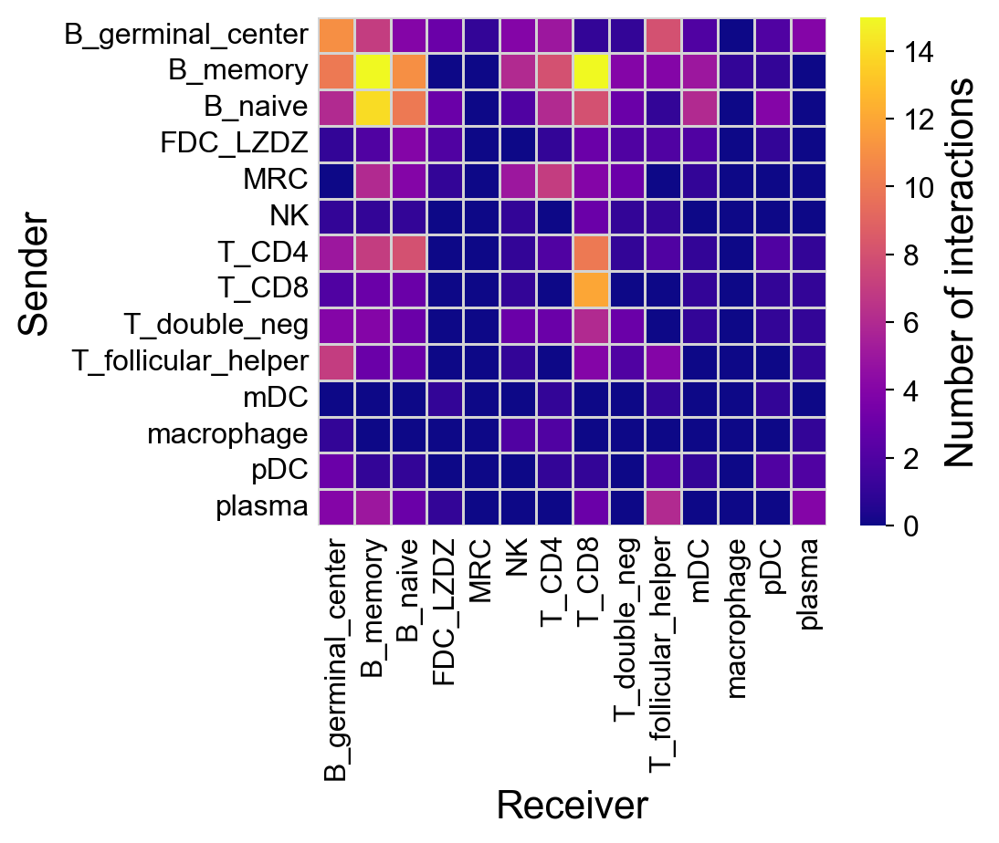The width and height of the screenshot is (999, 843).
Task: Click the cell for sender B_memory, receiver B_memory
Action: coord(373,71)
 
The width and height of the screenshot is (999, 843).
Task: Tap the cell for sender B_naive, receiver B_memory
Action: coord(373,108)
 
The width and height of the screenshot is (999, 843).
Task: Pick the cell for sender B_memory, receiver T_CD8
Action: coord(591,71)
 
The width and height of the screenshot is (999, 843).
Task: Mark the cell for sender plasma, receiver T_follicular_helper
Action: coord(663,506)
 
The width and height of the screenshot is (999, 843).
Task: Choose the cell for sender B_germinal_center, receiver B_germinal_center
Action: coord(337,36)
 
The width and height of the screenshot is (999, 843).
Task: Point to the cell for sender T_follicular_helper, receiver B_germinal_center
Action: coord(337,361)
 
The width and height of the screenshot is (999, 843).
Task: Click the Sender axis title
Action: coord(34,272)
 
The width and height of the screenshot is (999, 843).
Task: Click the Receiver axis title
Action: coord(572,806)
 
